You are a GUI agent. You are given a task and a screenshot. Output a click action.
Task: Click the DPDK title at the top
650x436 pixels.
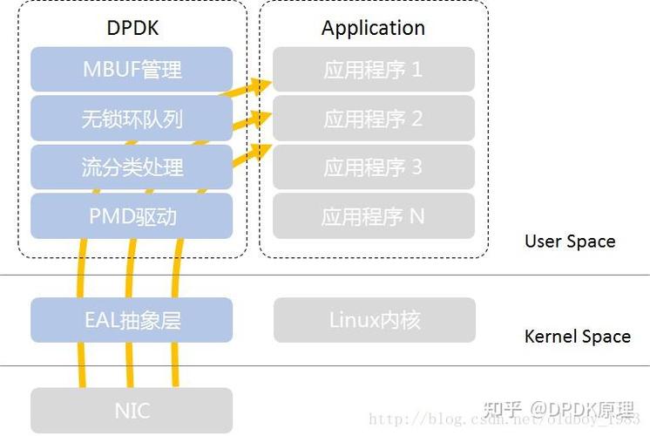132,27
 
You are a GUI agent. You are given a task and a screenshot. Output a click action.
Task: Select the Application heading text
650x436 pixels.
373,27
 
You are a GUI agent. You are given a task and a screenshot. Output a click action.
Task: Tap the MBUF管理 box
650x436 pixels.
132,70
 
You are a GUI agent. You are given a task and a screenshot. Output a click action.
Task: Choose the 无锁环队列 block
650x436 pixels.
132,119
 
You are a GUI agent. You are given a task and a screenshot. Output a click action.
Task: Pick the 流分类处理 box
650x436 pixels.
132,167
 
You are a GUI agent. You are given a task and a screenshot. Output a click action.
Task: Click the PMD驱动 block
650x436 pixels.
132,215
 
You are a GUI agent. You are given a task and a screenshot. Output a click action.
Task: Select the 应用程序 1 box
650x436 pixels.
373,70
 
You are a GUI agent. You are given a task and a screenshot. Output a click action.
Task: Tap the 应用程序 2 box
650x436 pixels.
373,119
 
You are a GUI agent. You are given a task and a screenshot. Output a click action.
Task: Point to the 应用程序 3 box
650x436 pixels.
373,167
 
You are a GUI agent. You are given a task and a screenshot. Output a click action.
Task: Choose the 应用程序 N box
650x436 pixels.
373,215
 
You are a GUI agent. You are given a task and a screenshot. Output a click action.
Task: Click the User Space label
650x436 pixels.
570,242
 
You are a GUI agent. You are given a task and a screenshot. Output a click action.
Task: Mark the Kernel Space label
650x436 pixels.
577,337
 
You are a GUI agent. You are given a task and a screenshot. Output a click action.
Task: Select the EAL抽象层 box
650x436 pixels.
132,320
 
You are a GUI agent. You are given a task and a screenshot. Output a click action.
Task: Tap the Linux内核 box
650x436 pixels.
375,320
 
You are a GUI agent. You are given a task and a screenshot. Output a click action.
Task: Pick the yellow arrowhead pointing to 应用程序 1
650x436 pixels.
258,85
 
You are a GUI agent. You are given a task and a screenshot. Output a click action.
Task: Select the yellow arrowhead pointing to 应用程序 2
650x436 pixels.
258,118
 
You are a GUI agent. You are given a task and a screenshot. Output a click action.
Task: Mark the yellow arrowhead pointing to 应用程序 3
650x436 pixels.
258,151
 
